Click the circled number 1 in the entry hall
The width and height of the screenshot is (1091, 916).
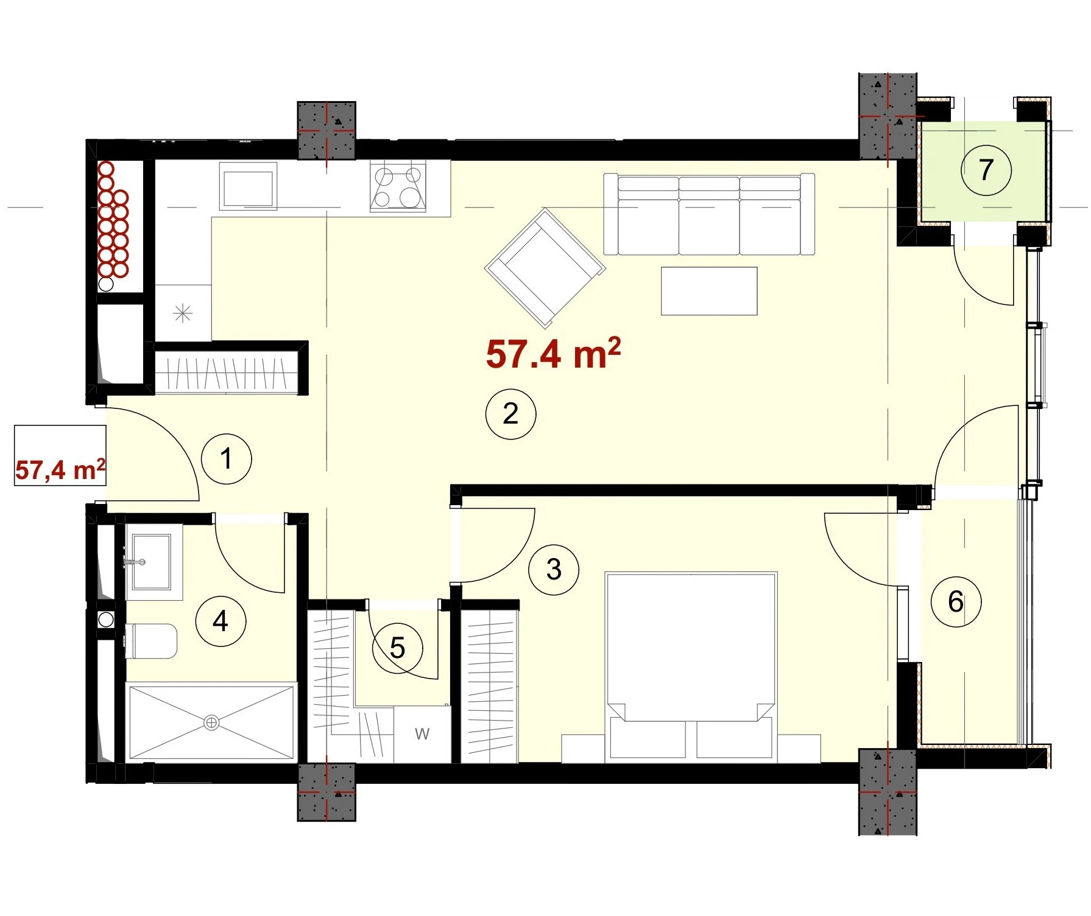click(227, 458)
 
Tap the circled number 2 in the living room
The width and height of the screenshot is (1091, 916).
click(510, 414)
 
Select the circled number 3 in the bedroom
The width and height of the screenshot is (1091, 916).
click(554, 570)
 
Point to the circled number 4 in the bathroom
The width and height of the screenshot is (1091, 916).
click(221, 621)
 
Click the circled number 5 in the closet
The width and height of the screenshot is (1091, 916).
click(397, 648)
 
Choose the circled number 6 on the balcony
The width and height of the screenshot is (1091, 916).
click(956, 602)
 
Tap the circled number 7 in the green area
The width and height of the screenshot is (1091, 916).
click(986, 170)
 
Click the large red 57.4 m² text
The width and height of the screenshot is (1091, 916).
click(553, 354)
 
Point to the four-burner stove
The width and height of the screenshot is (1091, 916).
click(398, 187)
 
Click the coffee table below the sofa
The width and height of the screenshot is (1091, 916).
click(709, 291)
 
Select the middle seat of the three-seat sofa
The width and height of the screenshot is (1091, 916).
click(709, 215)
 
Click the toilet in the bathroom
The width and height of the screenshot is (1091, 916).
click(151, 641)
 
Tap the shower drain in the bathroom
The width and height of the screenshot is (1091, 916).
click(211, 723)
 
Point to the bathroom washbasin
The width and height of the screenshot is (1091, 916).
click(152, 562)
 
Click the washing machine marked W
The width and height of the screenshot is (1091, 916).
click(422, 734)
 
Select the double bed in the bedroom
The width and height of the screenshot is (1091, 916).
click(691, 667)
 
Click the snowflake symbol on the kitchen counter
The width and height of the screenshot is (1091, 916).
click(183, 314)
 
